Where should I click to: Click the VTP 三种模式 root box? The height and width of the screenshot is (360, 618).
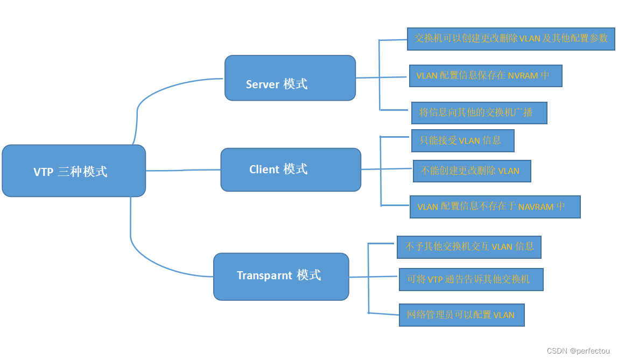[x=74, y=171]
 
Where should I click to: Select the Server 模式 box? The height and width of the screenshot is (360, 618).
[x=290, y=78]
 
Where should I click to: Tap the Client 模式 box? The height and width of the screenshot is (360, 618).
[x=291, y=170]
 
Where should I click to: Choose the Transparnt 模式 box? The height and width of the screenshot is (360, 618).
[x=281, y=277]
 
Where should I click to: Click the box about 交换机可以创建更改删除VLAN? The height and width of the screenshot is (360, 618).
[x=511, y=39]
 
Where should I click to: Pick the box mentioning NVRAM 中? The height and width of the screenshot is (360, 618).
[x=486, y=76]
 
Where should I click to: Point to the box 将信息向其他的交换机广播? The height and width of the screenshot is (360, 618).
[x=479, y=113]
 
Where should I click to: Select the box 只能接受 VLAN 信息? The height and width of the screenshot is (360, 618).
[x=462, y=140]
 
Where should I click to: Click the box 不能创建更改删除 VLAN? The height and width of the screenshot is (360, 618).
[x=472, y=171]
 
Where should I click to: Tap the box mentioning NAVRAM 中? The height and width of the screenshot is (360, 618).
[x=495, y=207]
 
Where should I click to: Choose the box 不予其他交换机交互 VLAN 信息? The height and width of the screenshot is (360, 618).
[x=469, y=247]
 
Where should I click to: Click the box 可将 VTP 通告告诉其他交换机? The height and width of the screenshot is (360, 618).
[x=471, y=279]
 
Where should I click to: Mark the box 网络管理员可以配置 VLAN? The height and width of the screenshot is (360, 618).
[x=461, y=315]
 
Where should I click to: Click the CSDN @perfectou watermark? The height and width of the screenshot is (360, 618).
[x=579, y=351]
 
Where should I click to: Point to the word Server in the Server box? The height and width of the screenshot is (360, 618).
[x=263, y=84]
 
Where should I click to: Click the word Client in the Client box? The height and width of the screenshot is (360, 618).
[x=264, y=170]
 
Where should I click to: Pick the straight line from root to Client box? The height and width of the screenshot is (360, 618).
[x=183, y=170]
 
